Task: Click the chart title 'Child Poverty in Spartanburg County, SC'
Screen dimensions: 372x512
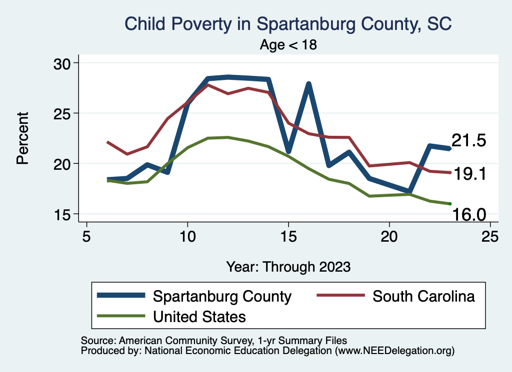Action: pyautogui.click(x=288, y=24)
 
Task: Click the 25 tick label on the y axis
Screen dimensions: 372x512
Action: pyautogui.click(x=63, y=113)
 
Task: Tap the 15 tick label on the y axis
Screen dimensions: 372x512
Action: pyautogui.click(x=63, y=214)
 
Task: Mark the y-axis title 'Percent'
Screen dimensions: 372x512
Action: pyautogui.click(x=22, y=138)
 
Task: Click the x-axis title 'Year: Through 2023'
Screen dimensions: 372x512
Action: pyautogui.click(x=288, y=266)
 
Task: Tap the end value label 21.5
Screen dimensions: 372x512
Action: pyautogui.click(x=468, y=141)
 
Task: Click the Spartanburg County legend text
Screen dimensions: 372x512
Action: pyautogui.click(x=222, y=296)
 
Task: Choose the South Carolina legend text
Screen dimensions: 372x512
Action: pyautogui.click(x=423, y=296)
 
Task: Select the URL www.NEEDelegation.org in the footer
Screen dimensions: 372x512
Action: pyautogui.click(x=394, y=351)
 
